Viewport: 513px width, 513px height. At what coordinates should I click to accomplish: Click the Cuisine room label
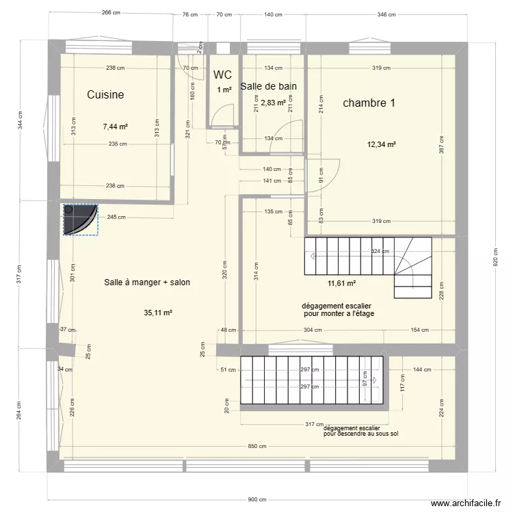105,95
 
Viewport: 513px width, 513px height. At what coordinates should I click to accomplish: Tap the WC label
222,75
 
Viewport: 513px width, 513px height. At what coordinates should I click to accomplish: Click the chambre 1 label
369,103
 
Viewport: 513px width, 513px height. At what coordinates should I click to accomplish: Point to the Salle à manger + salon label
147,282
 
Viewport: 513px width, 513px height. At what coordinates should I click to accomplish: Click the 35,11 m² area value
158,313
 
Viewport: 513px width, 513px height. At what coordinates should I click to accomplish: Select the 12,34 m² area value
382,144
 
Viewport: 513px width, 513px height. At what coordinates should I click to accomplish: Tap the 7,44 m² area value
116,127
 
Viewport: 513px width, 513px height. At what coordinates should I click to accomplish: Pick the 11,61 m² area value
342,283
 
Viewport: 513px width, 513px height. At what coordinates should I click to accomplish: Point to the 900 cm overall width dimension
257,499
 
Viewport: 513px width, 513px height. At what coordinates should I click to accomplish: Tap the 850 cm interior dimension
257,447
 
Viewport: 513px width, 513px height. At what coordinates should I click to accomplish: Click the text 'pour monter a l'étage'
339,314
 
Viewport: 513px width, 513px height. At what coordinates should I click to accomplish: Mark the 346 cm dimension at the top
386,14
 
